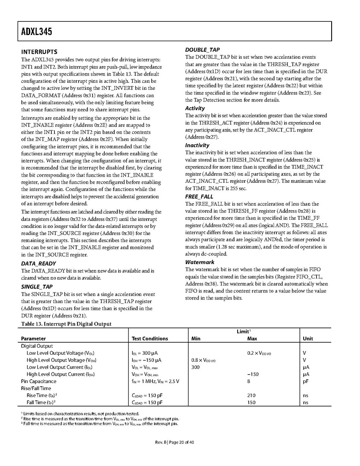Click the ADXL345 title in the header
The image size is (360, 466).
click(x=34, y=32)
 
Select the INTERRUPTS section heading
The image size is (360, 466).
click(x=39, y=52)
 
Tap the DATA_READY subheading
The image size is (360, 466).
click(x=38, y=263)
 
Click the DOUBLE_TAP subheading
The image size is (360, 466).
click(x=202, y=50)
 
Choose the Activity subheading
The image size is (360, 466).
click(x=195, y=108)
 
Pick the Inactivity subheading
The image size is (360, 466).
click(x=197, y=145)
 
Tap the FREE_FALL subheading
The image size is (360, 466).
click(x=199, y=197)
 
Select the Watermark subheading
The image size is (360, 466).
click(x=199, y=262)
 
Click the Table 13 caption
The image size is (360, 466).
click(x=66, y=324)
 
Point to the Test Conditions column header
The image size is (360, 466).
click(x=150, y=339)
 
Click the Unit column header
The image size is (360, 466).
click(x=308, y=339)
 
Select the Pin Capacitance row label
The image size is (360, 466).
click(x=38, y=381)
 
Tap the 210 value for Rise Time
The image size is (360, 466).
click(x=251, y=395)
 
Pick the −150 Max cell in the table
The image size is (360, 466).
click(x=253, y=374)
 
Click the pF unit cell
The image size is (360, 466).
click(x=306, y=381)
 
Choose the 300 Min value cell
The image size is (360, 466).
click(x=196, y=367)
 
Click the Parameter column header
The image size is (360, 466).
click(x=33, y=339)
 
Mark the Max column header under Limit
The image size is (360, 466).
click(x=252, y=339)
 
